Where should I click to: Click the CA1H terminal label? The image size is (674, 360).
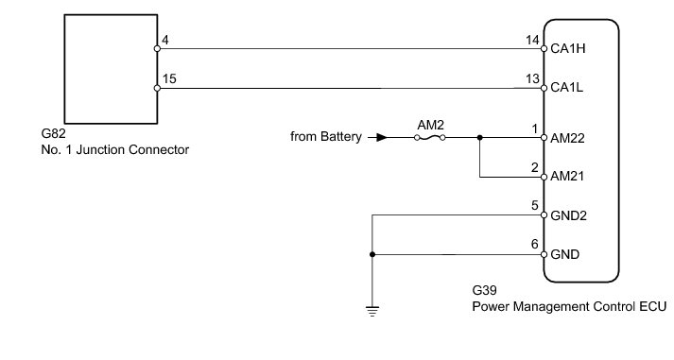(x=568, y=48)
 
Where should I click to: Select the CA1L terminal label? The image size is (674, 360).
(x=567, y=88)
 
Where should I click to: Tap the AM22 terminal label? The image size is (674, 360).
(x=567, y=138)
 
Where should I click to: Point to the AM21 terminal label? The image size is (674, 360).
(x=567, y=176)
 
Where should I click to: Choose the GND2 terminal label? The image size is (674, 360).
(x=568, y=215)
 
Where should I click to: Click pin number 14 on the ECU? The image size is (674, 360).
(x=532, y=40)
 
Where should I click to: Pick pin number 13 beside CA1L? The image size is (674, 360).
(x=532, y=79)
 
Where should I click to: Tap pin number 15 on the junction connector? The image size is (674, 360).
(x=169, y=78)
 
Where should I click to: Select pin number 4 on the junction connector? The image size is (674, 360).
(x=165, y=40)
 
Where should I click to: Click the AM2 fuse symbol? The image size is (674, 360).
(x=430, y=137)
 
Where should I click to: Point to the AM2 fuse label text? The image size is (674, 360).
(x=430, y=125)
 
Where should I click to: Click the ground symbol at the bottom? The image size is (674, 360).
(x=372, y=311)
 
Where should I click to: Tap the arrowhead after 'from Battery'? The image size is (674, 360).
(x=381, y=137)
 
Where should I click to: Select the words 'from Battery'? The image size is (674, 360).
(x=326, y=137)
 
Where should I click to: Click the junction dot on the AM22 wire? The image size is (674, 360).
(x=479, y=137)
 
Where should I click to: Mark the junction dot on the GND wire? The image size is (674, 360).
(x=372, y=255)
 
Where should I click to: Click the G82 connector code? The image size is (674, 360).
(x=53, y=133)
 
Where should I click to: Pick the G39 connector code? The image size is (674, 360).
(x=484, y=290)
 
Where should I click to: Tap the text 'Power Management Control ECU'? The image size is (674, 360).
(x=569, y=307)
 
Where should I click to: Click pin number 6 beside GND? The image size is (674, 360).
(x=535, y=244)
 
